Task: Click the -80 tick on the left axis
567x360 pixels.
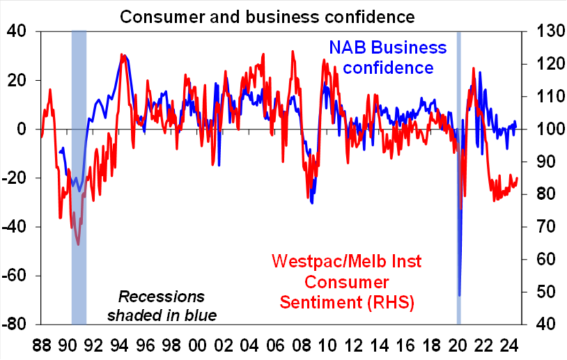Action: [15, 324]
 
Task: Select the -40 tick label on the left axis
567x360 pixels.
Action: [15, 227]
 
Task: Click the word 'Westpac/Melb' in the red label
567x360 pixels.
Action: [327, 263]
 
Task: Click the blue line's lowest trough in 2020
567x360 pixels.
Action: [460, 295]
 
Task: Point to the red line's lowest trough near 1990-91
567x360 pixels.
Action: [78, 244]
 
